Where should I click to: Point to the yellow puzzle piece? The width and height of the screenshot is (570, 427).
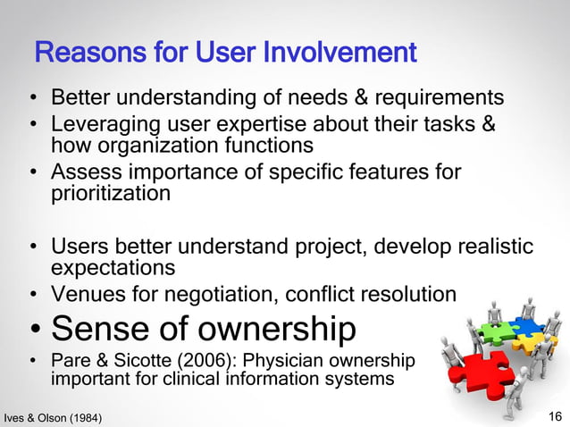click(540, 342)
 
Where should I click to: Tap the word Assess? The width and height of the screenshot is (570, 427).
click(83, 170)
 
